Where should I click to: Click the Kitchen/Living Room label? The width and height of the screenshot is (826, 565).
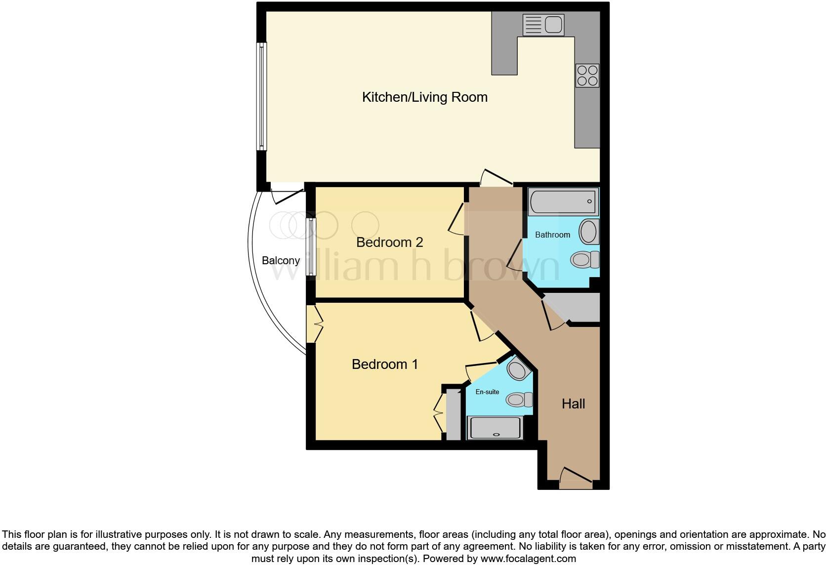[424, 97]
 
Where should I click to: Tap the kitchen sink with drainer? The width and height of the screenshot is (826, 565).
[543, 25]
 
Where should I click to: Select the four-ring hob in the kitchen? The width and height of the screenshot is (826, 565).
[587, 76]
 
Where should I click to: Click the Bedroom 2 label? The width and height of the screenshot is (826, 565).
[389, 242]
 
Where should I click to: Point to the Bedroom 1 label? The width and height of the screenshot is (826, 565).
[384, 364]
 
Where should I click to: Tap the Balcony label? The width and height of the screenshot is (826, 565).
[281, 260]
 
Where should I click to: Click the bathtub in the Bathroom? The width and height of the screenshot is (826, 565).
[563, 202]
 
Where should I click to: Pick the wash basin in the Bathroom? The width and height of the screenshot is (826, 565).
[588, 232]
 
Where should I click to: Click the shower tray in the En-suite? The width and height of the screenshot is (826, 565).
[495, 428]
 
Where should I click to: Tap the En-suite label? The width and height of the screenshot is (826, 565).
[487, 392]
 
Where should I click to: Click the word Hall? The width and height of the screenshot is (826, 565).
[573, 404]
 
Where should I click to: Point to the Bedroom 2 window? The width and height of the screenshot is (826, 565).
[311, 246]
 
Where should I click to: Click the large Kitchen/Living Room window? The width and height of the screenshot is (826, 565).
[261, 96]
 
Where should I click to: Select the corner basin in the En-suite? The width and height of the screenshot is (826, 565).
[517, 370]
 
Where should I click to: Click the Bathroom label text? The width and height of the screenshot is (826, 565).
[552, 235]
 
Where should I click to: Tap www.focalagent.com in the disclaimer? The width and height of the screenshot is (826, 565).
[528, 559]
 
